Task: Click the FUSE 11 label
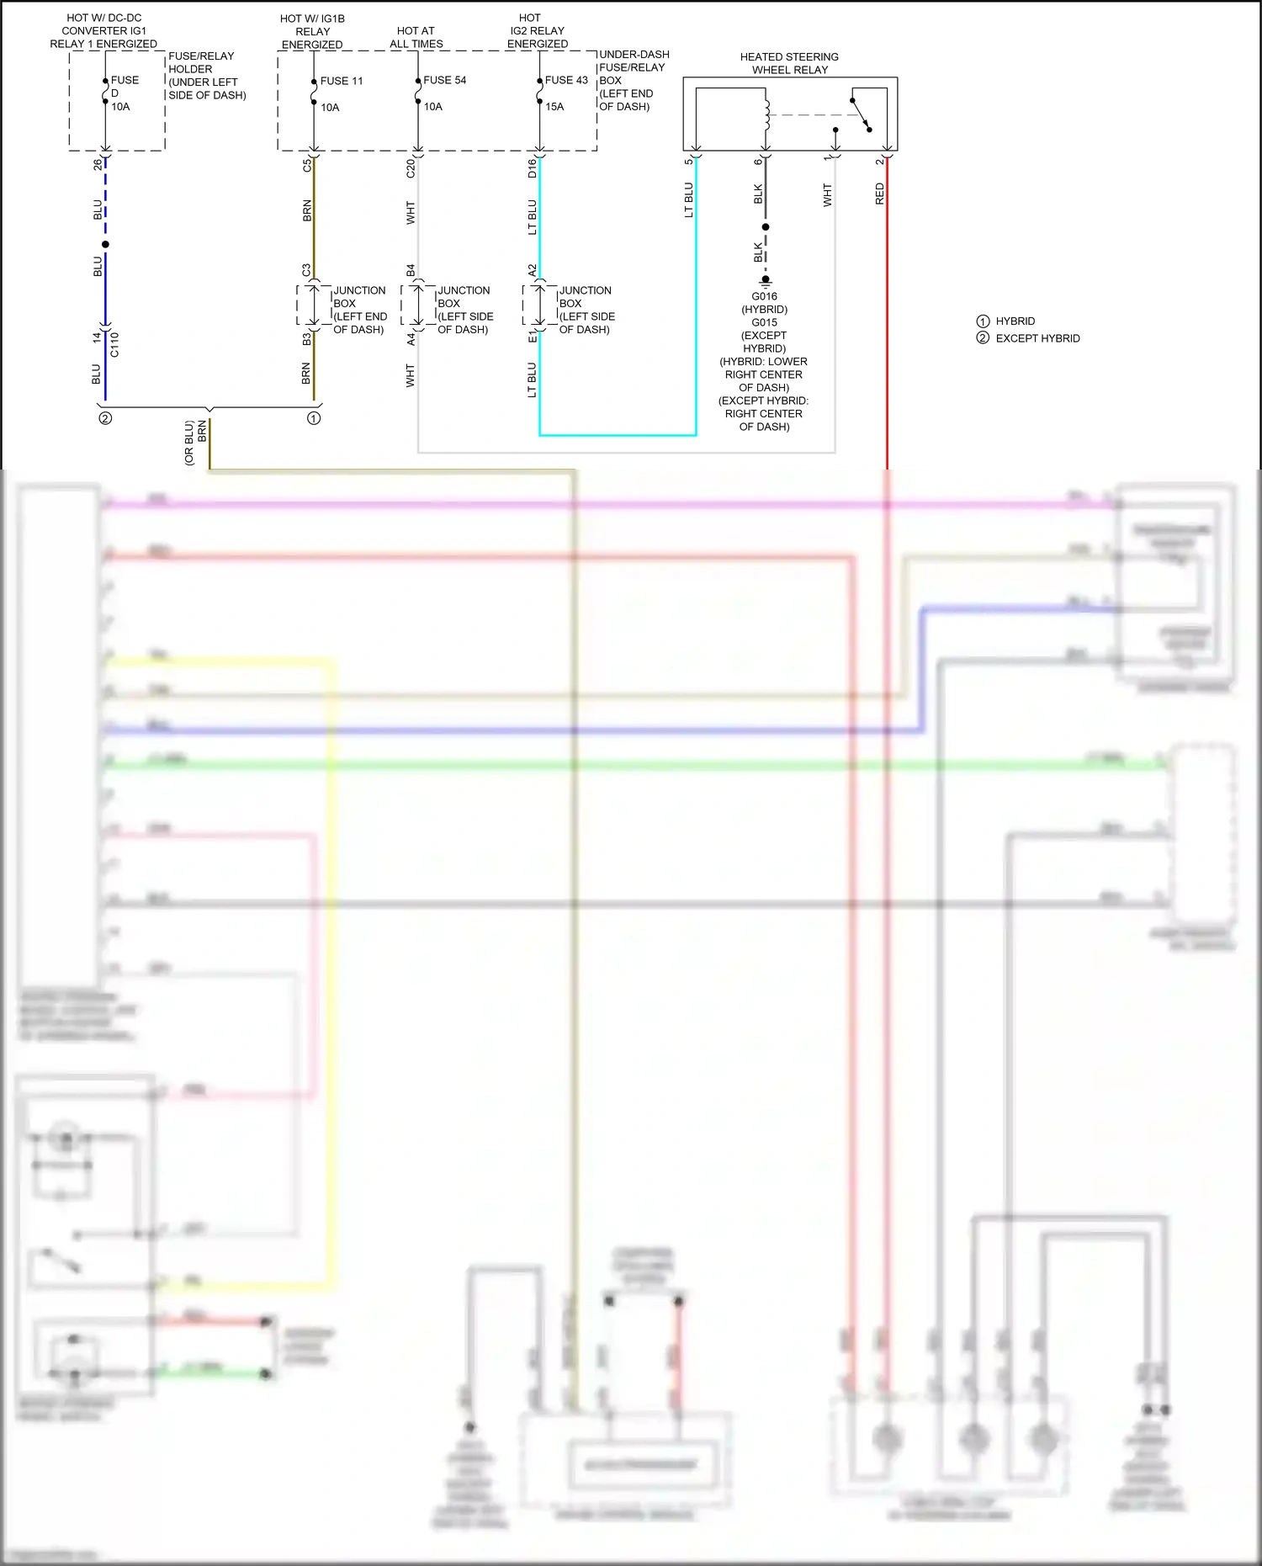[x=341, y=81]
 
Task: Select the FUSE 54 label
[x=444, y=80]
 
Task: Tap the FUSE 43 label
[x=566, y=80]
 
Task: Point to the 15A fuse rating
[x=554, y=107]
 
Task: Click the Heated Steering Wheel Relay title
[x=789, y=63]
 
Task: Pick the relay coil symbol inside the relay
[x=766, y=114]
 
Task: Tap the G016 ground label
[x=764, y=296]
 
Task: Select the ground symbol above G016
[x=766, y=281]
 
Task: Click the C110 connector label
[x=114, y=344]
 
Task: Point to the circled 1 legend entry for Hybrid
[x=983, y=321]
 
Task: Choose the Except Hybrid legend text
[x=1037, y=338]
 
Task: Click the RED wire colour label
[x=880, y=194]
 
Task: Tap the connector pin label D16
[x=532, y=168]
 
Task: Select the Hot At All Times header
[x=416, y=37]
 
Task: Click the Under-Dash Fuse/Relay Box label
[x=633, y=80]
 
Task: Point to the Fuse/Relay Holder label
[x=206, y=75]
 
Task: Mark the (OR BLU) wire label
[x=189, y=443]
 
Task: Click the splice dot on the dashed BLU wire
[x=105, y=244]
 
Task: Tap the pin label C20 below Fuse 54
[x=411, y=168]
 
